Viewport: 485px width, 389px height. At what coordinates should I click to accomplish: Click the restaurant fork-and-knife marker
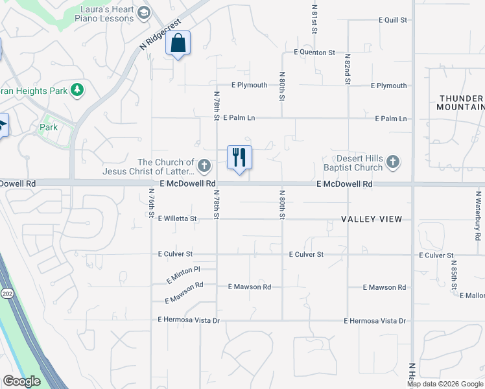pos(239,157)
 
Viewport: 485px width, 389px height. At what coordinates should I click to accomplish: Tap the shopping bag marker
pos(178,43)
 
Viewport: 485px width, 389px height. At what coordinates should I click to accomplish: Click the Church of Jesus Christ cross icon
pos(204,166)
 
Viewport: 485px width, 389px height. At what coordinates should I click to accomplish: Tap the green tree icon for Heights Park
pos(77,89)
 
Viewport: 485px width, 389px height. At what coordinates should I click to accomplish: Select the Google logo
pos(21,381)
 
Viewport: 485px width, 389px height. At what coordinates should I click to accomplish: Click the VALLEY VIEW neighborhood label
pos(376,219)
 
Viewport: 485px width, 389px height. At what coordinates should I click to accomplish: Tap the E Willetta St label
pos(177,219)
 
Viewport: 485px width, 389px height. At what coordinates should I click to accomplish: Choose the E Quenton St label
pos(314,52)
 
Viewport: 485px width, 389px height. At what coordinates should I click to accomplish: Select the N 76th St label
pos(151,202)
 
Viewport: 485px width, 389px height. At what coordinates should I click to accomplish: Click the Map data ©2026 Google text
pos(445,384)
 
